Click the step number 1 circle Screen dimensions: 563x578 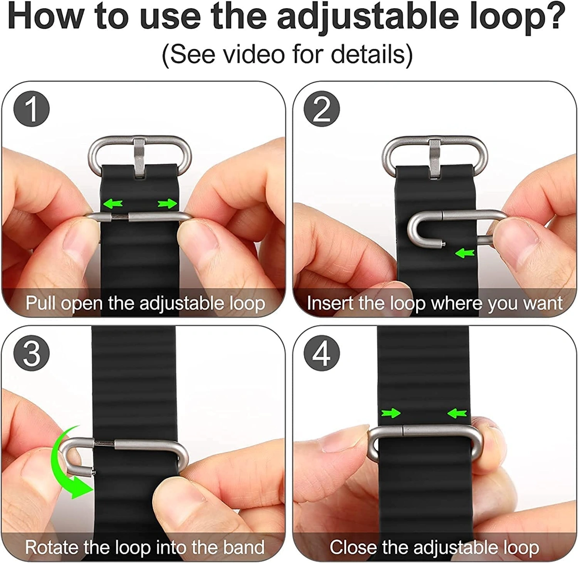point(32,109)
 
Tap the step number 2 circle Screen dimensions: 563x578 point(322,109)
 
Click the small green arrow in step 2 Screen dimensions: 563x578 point(465,252)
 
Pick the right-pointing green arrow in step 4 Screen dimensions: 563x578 point(391,413)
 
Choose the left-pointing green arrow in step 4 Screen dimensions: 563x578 point(457,413)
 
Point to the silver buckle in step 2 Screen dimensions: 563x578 point(433,154)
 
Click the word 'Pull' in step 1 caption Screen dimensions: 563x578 point(40,303)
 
